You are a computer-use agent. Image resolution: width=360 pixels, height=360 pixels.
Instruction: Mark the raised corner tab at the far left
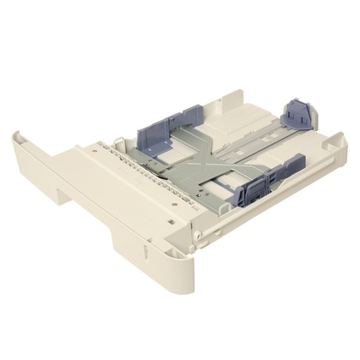[x=21, y=138]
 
